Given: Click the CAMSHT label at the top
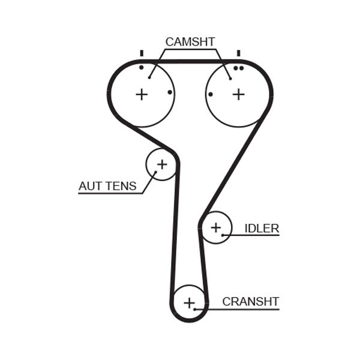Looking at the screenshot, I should click(190, 41).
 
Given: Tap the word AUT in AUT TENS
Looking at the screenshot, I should click(90, 186).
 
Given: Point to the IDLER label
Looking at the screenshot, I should click(262, 228).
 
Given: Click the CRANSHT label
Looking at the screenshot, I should click(250, 302).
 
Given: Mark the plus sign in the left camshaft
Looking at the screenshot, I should click(141, 94).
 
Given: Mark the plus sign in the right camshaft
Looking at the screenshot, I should click(239, 94).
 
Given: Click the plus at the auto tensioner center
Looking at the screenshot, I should click(162, 164).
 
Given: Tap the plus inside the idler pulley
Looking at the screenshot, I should click(216, 227).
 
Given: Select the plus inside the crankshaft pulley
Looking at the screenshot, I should click(189, 303).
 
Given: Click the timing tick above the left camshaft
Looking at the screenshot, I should click(142, 53).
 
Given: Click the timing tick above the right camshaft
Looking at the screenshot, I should click(238, 53).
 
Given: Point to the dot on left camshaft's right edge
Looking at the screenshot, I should click(170, 92).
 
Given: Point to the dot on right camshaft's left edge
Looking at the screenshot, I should click(210, 94).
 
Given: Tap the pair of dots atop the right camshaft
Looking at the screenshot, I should click(238, 68).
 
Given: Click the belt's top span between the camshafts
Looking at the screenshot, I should click(190, 61).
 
